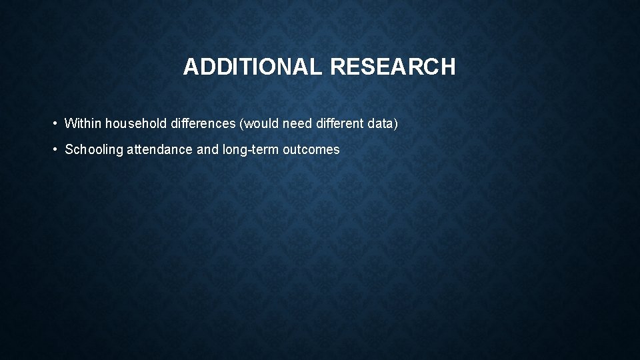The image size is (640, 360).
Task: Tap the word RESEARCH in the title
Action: [x=393, y=67]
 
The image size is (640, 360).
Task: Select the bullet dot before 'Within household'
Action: [x=53, y=123]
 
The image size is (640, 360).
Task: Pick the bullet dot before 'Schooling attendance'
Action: [x=53, y=149]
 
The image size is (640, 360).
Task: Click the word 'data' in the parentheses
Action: [x=379, y=123]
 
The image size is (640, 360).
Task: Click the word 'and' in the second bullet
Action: [x=207, y=149]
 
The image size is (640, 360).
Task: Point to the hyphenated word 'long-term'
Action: [x=251, y=150]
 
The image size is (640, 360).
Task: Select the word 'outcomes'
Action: [x=311, y=149]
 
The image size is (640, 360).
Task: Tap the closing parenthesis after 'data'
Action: [x=395, y=123]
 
